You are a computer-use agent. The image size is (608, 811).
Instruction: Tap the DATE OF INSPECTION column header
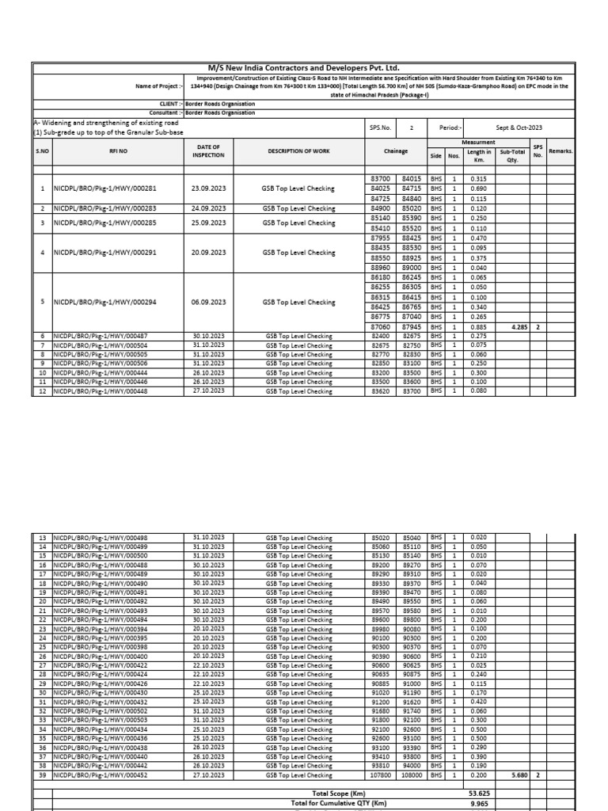coord(208,150)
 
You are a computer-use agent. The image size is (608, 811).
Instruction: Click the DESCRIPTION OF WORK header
coord(298,150)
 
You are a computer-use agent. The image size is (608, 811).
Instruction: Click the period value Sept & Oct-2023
coord(519,128)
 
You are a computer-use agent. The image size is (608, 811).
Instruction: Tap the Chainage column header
coord(396,150)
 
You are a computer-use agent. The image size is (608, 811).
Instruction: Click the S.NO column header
coord(42,150)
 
